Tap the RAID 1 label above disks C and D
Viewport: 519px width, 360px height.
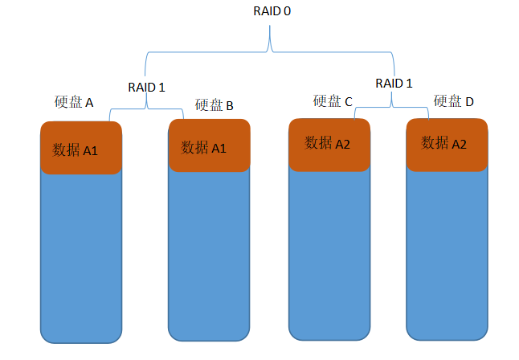pyautogui.click(x=394, y=83)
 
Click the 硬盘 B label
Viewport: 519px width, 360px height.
pyautogui.click(x=214, y=105)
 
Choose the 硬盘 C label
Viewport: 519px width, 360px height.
pyautogui.click(x=333, y=101)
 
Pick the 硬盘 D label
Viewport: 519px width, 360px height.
pyautogui.click(x=454, y=101)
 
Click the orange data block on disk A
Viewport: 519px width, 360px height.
pyautogui.click(x=81, y=148)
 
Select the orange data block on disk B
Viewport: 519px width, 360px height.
pyautogui.click(x=209, y=145)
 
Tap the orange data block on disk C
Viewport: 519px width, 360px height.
pyautogui.click(x=328, y=144)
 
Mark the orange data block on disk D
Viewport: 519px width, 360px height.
pyautogui.click(x=447, y=144)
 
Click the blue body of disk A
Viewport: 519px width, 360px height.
pyautogui.click(x=81, y=257)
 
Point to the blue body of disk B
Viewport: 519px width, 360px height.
pyautogui.click(x=209, y=257)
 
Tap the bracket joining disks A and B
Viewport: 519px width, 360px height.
pyautogui.click(x=147, y=108)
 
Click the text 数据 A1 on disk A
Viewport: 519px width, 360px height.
pyautogui.click(x=76, y=149)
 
